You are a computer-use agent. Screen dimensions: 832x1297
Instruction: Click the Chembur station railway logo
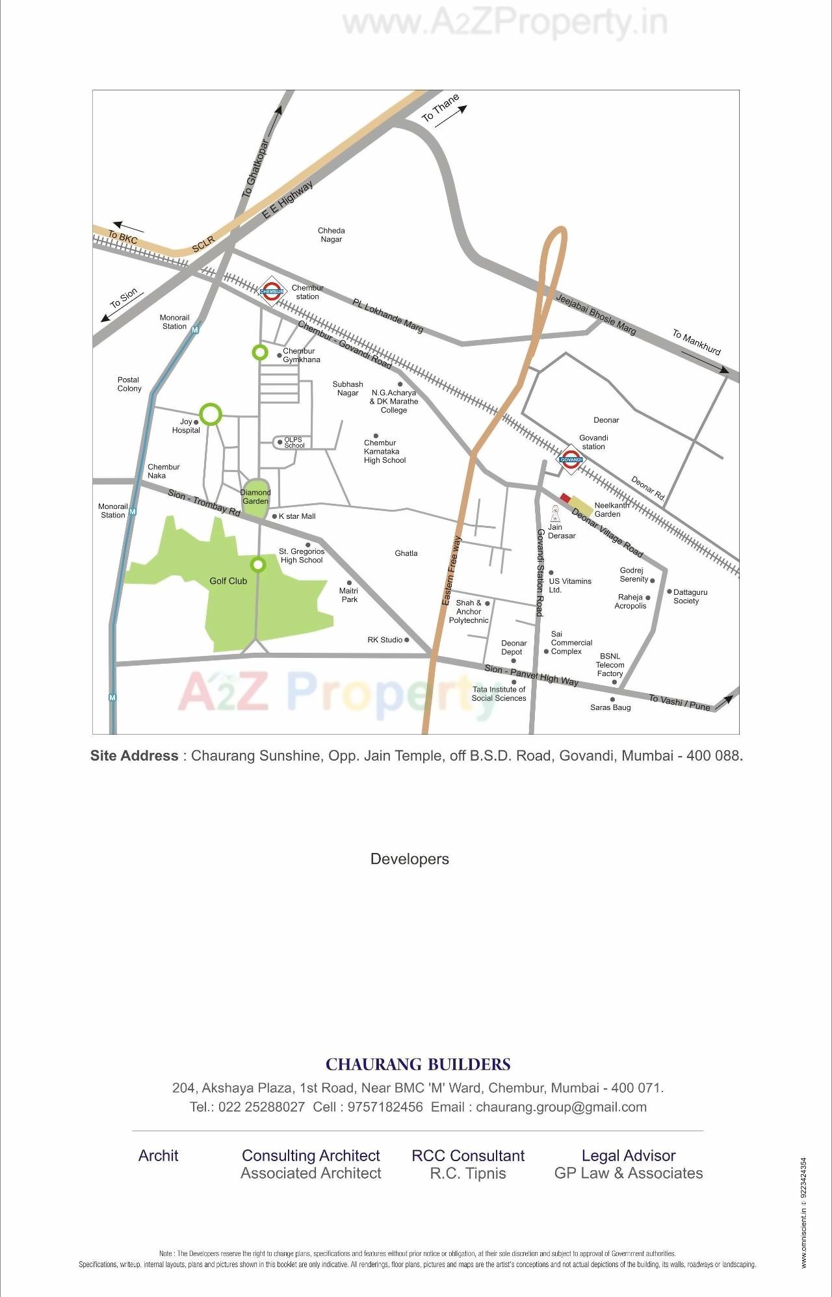(x=272, y=291)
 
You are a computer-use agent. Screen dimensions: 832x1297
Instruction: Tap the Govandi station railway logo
(x=571, y=458)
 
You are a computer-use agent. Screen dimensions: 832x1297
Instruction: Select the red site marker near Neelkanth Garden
(x=565, y=498)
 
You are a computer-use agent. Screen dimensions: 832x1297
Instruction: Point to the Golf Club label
(x=228, y=581)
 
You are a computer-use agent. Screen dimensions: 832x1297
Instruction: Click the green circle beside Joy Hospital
(x=210, y=413)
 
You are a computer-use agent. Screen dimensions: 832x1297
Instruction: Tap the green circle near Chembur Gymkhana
(x=259, y=352)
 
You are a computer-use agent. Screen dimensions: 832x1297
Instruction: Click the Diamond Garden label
(x=255, y=497)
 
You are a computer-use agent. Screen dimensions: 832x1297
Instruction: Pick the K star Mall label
(x=297, y=516)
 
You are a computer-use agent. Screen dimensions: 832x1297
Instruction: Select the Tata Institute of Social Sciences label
(x=499, y=694)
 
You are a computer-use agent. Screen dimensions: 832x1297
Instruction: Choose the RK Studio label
(x=385, y=640)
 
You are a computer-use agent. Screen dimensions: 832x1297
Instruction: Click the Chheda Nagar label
(x=331, y=235)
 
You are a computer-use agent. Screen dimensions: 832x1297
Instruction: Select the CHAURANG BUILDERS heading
(x=418, y=1064)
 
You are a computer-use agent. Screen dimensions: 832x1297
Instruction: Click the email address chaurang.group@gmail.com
(x=561, y=1107)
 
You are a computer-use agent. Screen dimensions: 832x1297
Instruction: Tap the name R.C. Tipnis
(x=468, y=1173)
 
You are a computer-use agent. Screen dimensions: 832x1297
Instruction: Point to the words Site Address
(x=134, y=755)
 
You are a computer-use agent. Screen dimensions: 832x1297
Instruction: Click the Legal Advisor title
(x=628, y=1155)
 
